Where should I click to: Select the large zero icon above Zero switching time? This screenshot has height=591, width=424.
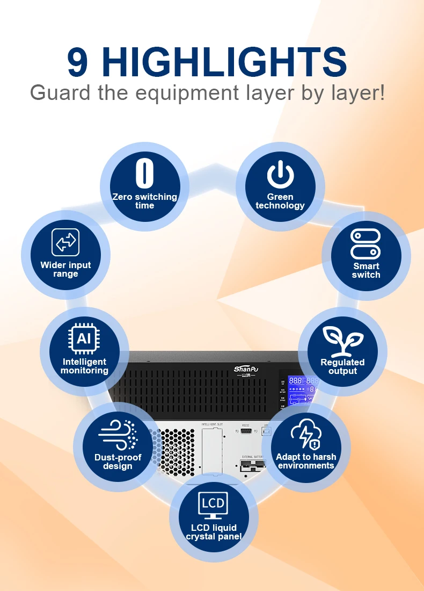(144, 172)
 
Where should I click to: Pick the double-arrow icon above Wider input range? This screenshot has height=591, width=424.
(65, 242)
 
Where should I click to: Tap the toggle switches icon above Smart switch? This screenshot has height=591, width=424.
(365, 244)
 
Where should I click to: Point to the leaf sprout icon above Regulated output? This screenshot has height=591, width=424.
(342, 340)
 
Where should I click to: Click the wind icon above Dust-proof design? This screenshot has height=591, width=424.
(118, 435)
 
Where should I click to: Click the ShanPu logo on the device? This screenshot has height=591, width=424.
(246, 370)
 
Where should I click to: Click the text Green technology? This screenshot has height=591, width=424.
(280, 201)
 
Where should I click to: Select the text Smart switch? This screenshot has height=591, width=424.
(366, 270)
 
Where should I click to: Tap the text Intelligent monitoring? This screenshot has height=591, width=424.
(84, 366)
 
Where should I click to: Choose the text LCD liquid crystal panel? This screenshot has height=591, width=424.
(214, 532)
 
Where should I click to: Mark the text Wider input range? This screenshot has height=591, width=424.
(65, 269)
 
